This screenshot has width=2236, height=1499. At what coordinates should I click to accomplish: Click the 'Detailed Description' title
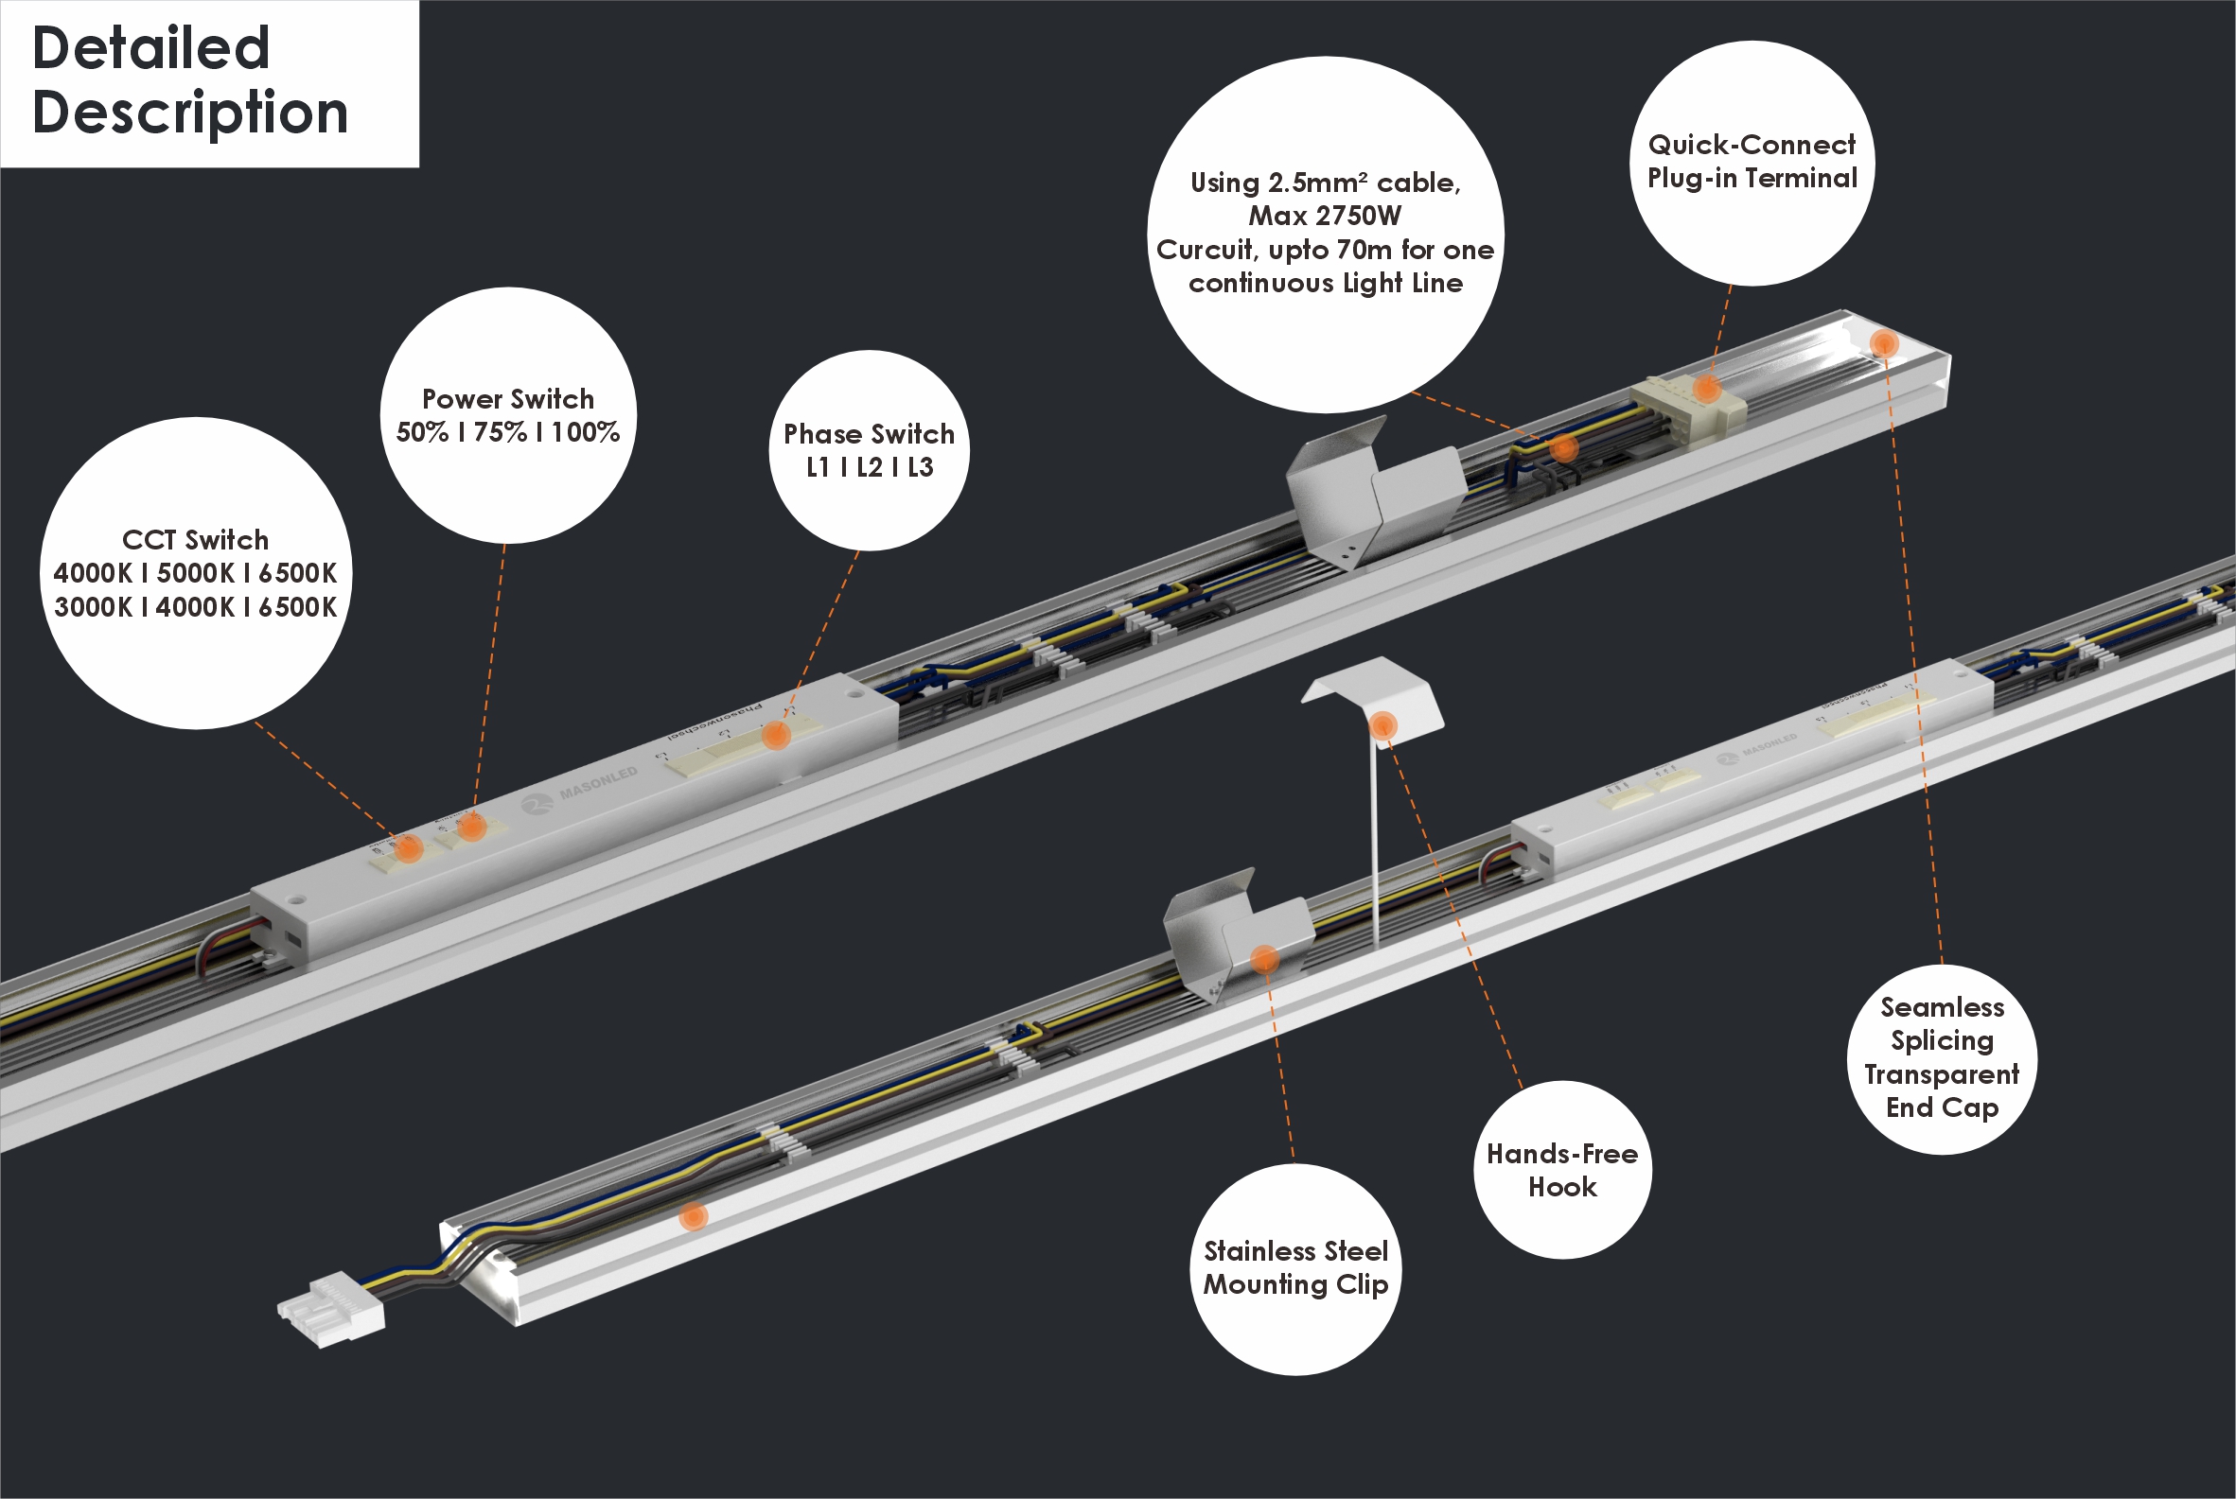189,80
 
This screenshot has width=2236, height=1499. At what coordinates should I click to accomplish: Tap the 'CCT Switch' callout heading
195,540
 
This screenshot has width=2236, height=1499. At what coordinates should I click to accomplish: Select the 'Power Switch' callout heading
508,399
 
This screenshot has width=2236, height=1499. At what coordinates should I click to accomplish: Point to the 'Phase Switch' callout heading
869,434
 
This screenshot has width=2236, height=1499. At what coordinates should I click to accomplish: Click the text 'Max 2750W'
1325,216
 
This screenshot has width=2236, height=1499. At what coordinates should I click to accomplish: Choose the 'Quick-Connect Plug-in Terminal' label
1752,162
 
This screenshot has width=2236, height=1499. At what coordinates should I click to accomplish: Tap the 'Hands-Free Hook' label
1561,1170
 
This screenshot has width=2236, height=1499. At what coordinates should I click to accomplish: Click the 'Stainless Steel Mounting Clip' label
1294,1267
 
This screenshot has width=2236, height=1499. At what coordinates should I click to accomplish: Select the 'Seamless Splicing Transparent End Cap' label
1942,1057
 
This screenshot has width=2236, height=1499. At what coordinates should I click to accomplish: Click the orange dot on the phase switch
776,734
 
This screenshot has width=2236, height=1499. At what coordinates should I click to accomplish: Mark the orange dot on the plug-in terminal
1707,388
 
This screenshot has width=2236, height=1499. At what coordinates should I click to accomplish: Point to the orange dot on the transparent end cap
1883,343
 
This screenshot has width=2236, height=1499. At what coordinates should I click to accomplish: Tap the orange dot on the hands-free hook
1382,724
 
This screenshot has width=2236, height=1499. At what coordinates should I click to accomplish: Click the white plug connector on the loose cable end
331,1310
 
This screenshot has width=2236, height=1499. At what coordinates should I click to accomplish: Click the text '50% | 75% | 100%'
508,433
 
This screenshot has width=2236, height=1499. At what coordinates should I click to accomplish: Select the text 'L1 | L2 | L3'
869,467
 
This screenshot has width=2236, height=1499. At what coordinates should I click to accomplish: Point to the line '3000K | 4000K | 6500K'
195,607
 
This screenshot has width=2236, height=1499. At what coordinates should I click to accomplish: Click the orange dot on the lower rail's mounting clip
1264,958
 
